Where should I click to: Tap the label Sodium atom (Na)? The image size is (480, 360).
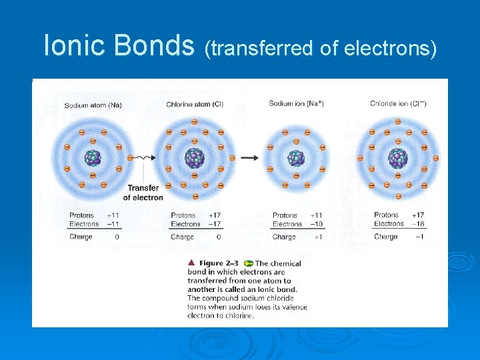pos(94,105)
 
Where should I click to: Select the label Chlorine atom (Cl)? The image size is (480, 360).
pos(195,105)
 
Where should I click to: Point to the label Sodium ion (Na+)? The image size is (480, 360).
pos(296,103)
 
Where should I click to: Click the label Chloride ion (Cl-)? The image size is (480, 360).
pos(399,103)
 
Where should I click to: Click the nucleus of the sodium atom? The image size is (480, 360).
pos(93,158)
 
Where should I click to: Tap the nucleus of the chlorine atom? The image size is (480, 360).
pos(195,158)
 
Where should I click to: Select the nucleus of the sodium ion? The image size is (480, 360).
pos(295,158)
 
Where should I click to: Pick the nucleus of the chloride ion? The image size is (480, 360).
pos(398,158)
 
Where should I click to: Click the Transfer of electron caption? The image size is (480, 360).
pos(144,193)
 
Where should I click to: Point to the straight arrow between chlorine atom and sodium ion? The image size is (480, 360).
pos(249,158)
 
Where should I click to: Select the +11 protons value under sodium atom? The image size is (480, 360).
pos(113,215)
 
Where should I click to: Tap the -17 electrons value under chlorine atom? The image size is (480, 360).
pos(214,224)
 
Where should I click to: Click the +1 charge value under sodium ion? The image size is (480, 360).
pos(317,237)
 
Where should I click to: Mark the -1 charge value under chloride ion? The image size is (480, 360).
pos(419,237)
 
